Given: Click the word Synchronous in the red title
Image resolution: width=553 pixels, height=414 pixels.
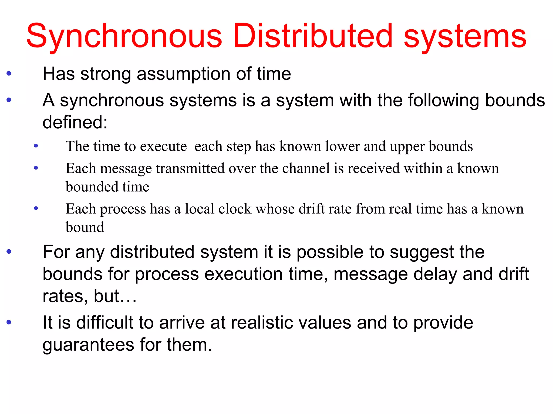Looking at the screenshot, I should click(x=124, y=36).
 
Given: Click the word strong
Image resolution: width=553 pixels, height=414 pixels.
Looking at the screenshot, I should click(x=106, y=74).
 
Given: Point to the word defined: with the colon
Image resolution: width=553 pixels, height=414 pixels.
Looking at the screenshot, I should click(x=75, y=122).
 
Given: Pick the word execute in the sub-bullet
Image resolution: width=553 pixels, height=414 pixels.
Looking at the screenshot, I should click(x=163, y=147).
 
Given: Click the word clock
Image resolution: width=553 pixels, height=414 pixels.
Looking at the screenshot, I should click(x=235, y=209).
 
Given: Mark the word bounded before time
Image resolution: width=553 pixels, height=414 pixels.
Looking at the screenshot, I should click(x=92, y=187).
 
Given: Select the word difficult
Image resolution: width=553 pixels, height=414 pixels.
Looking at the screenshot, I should click(x=105, y=323).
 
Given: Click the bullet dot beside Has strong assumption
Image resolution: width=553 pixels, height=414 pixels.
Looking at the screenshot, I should click(x=9, y=73).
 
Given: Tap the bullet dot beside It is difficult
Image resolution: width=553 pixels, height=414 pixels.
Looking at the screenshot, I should click(x=9, y=322).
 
